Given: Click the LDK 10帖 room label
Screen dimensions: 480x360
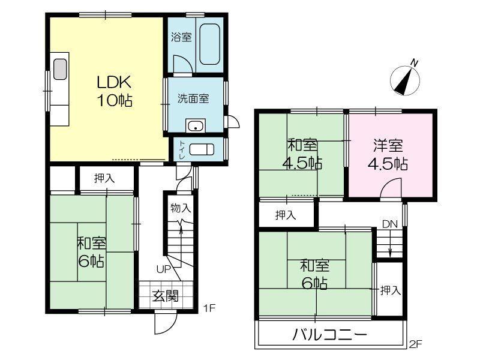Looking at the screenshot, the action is click(x=115, y=91).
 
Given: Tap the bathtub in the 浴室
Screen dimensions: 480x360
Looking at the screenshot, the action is click(x=209, y=44).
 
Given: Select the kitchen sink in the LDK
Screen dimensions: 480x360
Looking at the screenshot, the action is click(x=60, y=69).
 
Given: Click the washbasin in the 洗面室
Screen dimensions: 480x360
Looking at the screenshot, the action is click(x=196, y=125).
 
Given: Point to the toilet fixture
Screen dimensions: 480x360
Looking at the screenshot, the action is click(x=202, y=149).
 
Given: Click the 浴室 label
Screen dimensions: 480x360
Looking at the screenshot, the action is click(x=181, y=37).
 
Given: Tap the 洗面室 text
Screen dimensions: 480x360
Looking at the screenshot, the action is click(x=193, y=98).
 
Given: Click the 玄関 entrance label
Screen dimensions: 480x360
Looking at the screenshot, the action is click(x=166, y=296).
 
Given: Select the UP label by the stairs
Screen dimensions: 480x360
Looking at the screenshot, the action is click(x=163, y=269).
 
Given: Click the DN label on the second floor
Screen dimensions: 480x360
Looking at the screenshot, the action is click(x=389, y=224).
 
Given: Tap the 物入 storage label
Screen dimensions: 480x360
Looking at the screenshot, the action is click(x=181, y=208).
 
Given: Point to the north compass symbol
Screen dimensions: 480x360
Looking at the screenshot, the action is click(x=406, y=79).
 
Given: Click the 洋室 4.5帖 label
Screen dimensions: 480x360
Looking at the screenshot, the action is click(x=388, y=155).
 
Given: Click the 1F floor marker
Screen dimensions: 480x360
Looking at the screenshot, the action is click(x=210, y=308).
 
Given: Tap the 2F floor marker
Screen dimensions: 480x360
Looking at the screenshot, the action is click(x=416, y=344).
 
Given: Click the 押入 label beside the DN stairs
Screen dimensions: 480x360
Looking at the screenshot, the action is click(x=391, y=290).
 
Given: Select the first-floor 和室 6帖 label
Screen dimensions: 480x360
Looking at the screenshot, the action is click(x=91, y=252).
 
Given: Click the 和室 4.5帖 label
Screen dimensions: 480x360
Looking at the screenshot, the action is click(x=302, y=154).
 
